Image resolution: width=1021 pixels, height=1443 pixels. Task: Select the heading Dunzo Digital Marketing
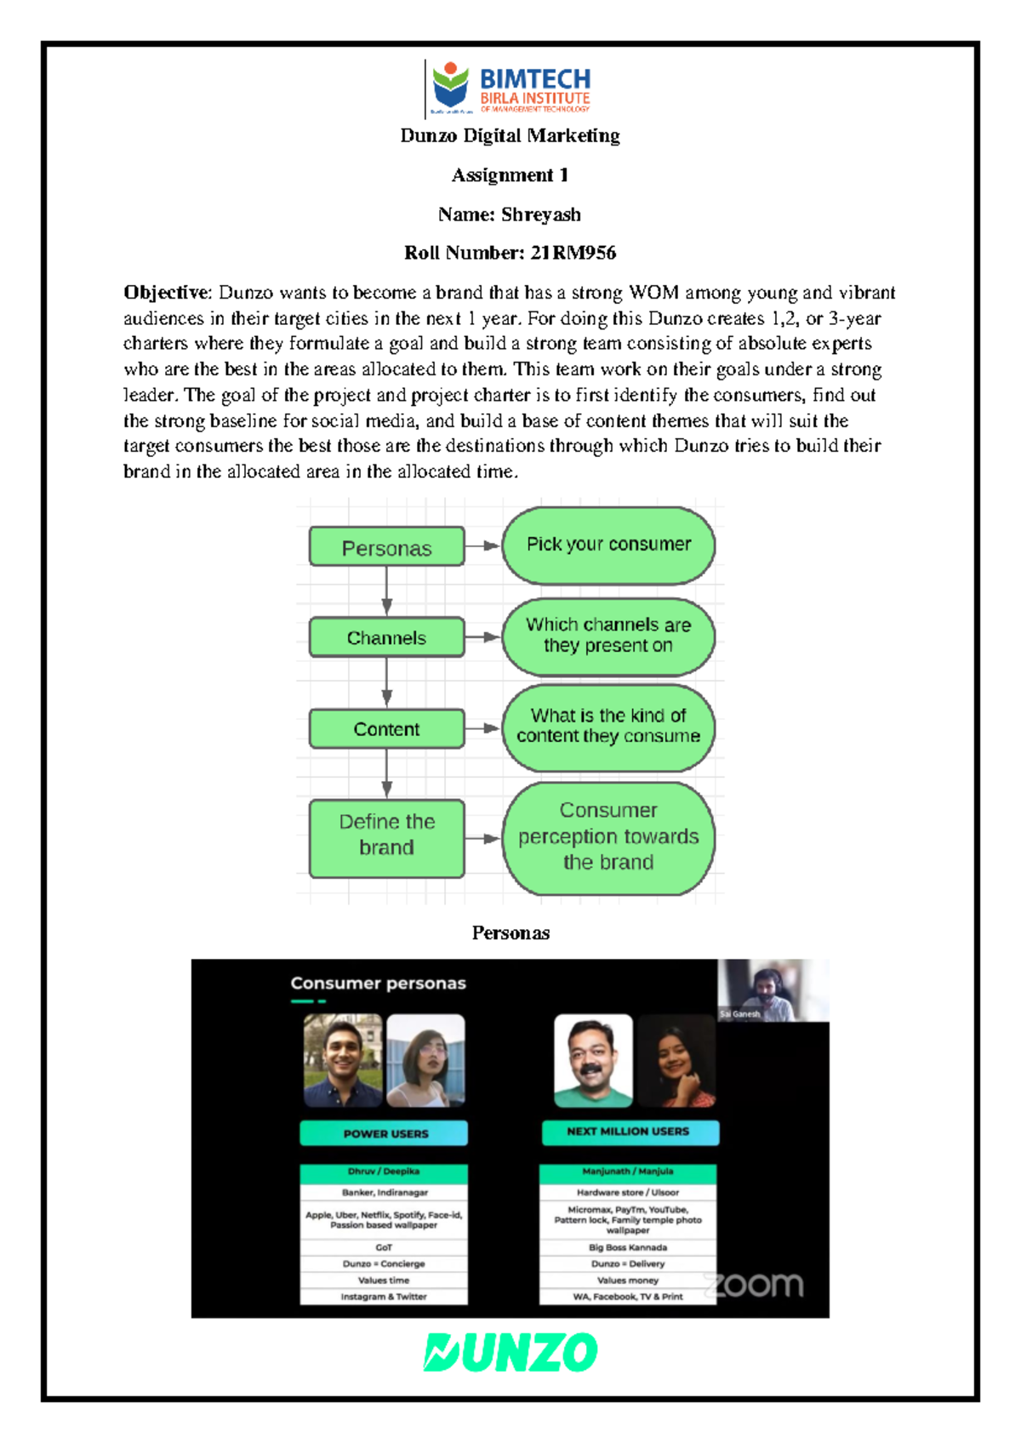coord(510,136)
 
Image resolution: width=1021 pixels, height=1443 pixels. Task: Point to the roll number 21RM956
coord(573,253)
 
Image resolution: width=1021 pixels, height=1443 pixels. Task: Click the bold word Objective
coord(167,293)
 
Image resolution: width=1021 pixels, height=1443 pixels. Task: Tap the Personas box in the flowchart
coord(386,547)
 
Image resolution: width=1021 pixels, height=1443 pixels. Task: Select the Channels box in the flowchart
coord(386,637)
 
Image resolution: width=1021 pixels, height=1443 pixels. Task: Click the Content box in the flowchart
coord(386,729)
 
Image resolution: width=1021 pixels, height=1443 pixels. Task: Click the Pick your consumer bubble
coord(608,545)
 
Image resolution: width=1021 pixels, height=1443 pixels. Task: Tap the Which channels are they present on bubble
coord(608,636)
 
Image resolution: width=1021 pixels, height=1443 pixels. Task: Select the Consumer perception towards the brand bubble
coord(608,838)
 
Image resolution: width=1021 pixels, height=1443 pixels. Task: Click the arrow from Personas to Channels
coord(387,590)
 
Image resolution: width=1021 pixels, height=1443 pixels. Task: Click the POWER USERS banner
coord(385,1133)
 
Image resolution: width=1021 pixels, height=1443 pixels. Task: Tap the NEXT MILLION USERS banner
coord(630,1132)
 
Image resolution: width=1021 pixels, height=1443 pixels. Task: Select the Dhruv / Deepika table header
coord(384,1172)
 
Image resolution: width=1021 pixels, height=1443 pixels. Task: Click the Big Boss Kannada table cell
coord(628,1247)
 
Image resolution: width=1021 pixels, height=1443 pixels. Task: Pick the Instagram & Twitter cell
coord(384,1297)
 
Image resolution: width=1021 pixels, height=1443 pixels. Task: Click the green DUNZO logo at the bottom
coord(510,1352)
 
